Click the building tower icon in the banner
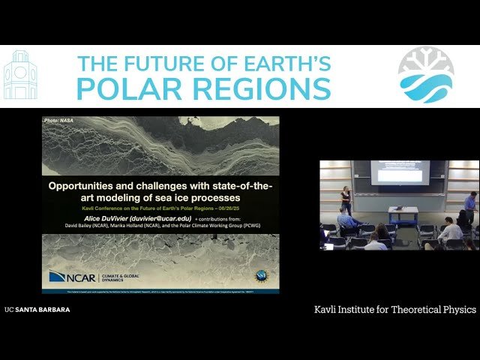tap(20, 76)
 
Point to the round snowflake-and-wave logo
tap(426, 75)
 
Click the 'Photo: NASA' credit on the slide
tap(60, 121)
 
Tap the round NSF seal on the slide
tap(261, 275)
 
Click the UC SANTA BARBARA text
tap(37, 309)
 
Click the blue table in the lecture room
tap(403, 215)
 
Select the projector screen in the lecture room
tap(400, 172)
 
